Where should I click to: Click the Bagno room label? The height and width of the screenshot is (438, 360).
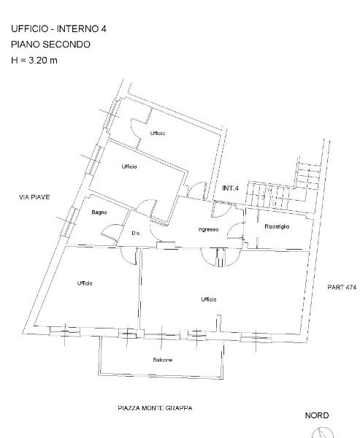[x=99, y=212]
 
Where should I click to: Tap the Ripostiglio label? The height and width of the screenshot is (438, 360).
[x=277, y=226]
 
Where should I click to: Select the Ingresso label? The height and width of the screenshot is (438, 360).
[x=208, y=230]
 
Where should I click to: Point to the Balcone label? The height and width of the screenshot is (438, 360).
[x=162, y=360]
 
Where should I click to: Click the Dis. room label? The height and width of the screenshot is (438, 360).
[x=136, y=233]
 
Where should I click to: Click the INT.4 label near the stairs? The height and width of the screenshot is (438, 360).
[x=230, y=188]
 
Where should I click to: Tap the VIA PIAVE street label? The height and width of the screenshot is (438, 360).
[x=34, y=197]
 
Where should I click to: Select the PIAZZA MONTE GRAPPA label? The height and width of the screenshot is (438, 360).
[x=155, y=408]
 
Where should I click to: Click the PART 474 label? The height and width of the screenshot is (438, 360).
[x=342, y=287]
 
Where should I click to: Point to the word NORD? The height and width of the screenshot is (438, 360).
[x=317, y=415]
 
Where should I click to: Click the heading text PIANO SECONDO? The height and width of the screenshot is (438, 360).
[x=50, y=45]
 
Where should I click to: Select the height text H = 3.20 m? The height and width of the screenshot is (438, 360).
[x=34, y=60]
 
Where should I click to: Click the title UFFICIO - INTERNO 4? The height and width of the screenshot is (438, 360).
[x=58, y=28]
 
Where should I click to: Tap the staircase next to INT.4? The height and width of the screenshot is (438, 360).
[x=283, y=187]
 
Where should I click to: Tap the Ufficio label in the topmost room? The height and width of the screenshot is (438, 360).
[x=158, y=134]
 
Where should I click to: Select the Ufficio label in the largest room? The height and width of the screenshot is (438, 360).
[x=209, y=299]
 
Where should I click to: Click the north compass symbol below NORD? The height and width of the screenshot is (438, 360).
[x=323, y=433]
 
